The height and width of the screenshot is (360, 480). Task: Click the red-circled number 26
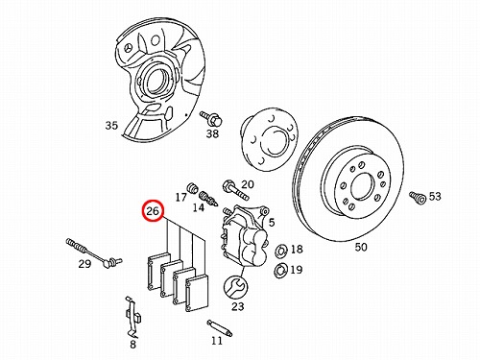tap(153, 211)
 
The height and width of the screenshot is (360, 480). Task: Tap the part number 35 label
tap(111, 125)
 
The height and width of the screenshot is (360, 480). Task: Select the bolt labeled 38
tap(211, 118)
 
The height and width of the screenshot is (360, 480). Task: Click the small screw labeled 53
tap(418, 197)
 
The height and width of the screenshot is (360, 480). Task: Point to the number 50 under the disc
tap(361, 247)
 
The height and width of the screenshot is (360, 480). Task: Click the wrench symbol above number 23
tap(235, 287)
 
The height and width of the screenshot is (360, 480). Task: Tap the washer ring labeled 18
tap(281, 251)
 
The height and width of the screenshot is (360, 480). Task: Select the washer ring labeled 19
tap(280, 271)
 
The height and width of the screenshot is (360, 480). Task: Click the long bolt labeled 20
tap(235, 190)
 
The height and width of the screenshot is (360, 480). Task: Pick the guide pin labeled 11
tap(220, 327)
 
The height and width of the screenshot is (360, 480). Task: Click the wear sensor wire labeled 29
tap(94, 252)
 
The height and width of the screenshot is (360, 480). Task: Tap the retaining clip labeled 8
tap(132, 317)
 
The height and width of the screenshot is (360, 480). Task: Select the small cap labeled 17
tap(192, 187)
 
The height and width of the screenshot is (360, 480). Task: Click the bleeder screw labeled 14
tap(208, 198)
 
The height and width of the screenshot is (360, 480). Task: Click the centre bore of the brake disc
tap(362, 187)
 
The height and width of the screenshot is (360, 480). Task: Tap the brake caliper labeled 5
tap(245, 236)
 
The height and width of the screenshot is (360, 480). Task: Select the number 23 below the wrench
tap(238, 306)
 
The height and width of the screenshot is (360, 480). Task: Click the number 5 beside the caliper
tap(272, 222)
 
